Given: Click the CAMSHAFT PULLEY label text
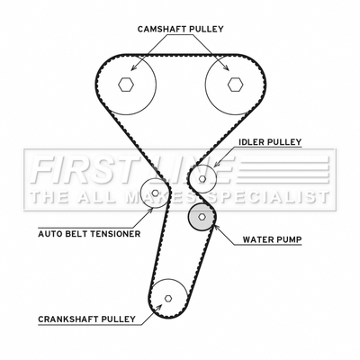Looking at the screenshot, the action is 181,29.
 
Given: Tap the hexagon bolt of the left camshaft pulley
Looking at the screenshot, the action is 126,85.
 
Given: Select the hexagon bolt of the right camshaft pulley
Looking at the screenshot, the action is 235,85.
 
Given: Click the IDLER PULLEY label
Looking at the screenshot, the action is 270,142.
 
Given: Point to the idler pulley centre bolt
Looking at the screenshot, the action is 202,179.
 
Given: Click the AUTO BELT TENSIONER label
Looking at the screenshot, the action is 89,234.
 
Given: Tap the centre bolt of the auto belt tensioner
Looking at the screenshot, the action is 155,193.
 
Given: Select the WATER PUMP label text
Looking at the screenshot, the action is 272,239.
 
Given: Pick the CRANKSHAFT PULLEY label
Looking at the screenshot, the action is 86,319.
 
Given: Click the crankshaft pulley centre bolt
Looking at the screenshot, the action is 168,298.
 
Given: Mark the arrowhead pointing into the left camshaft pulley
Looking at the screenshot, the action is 133,67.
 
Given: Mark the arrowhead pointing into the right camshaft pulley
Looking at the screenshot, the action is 226,67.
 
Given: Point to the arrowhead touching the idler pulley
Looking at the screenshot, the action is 216,165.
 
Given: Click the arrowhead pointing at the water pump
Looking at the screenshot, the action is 216,228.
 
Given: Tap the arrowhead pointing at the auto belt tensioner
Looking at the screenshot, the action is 150,210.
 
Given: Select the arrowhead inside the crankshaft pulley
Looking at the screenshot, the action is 159,307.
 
